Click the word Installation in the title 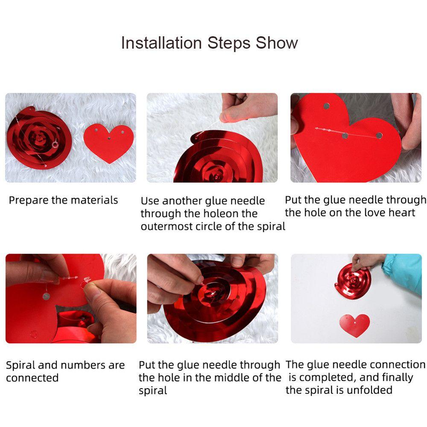coord(161,43)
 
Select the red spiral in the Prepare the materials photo coord(39,137)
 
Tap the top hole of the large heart coord(326,106)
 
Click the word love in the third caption coord(376,213)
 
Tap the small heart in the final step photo coord(354,325)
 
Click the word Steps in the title coord(229,44)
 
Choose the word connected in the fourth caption coord(32,378)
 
